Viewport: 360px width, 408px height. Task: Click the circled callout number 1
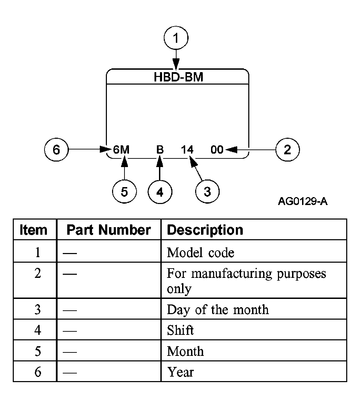point(176,38)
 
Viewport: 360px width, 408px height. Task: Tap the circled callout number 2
point(288,149)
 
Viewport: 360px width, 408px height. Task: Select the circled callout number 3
point(207,192)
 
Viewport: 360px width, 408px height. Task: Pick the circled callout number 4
point(160,192)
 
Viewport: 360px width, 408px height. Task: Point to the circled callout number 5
point(124,192)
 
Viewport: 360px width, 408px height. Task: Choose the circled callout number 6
point(57,149)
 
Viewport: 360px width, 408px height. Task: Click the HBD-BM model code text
point(178,77)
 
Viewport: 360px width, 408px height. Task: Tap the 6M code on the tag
point(121,149)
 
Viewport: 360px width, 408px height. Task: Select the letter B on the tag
point(160,149)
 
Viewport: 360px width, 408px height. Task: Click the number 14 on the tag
point(187,149)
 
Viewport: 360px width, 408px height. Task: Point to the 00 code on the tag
point(217,149)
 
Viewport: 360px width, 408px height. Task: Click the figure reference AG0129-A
point(302,201)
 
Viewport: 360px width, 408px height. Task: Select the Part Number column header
point(109,230)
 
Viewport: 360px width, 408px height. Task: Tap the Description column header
point(205,230)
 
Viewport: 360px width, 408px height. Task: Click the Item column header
point(33,230)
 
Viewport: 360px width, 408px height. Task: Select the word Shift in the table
point(180,330)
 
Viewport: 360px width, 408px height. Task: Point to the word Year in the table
point(180,372)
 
